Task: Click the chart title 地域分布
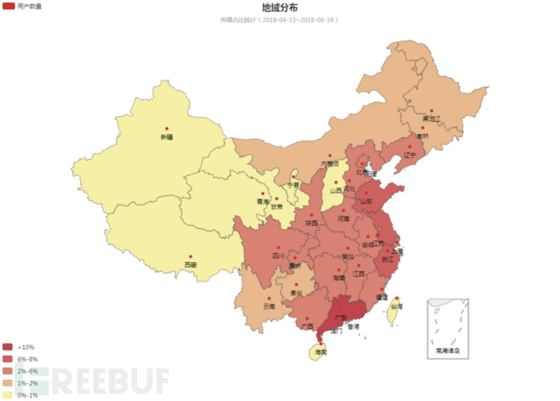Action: (279, 7)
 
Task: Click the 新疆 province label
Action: (166, 137)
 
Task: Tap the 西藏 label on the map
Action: (190, 265)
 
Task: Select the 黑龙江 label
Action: (431, 119)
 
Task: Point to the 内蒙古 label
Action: (330, 164)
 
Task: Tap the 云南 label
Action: (269, 307)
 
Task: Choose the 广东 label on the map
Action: (341, 317)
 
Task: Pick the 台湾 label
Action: (395, 307)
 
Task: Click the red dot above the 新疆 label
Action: (166, 129)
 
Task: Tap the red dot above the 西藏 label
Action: (190, 257)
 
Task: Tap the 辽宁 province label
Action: (410, 154)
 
